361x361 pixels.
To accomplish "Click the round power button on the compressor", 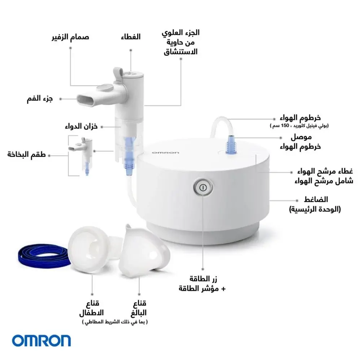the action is coord(203,187).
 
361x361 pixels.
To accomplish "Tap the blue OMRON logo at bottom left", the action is coord(42,341).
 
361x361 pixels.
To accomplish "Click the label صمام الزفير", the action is coord(70,37).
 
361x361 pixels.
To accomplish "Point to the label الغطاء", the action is coord(131,37).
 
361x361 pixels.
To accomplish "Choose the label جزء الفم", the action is coord(40,99).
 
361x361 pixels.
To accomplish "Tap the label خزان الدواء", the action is coord(81,126).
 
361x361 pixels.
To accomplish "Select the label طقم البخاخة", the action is coord(26,154).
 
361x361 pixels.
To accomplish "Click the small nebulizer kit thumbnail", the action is coord(82,155).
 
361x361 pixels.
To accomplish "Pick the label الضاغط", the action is coord(316,199).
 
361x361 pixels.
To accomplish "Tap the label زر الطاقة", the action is coord(203,279).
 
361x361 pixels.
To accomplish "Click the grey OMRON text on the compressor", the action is coord(165,153).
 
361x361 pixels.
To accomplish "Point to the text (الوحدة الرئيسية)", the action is coord(315,209).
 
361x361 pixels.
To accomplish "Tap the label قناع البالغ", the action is coord(139,308).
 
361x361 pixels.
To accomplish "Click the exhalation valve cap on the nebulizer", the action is coord(105,88).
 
